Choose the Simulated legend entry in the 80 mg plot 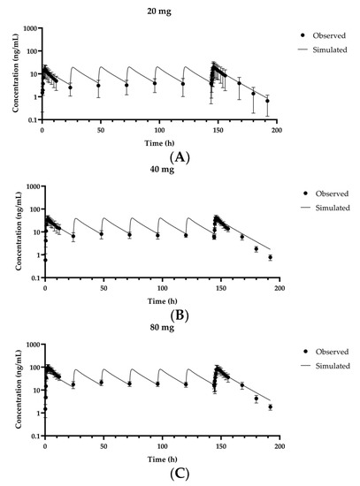pyautogui.click(x=332, y=366)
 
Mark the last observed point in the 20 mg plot pyautogui.click(x=267, y=101)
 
